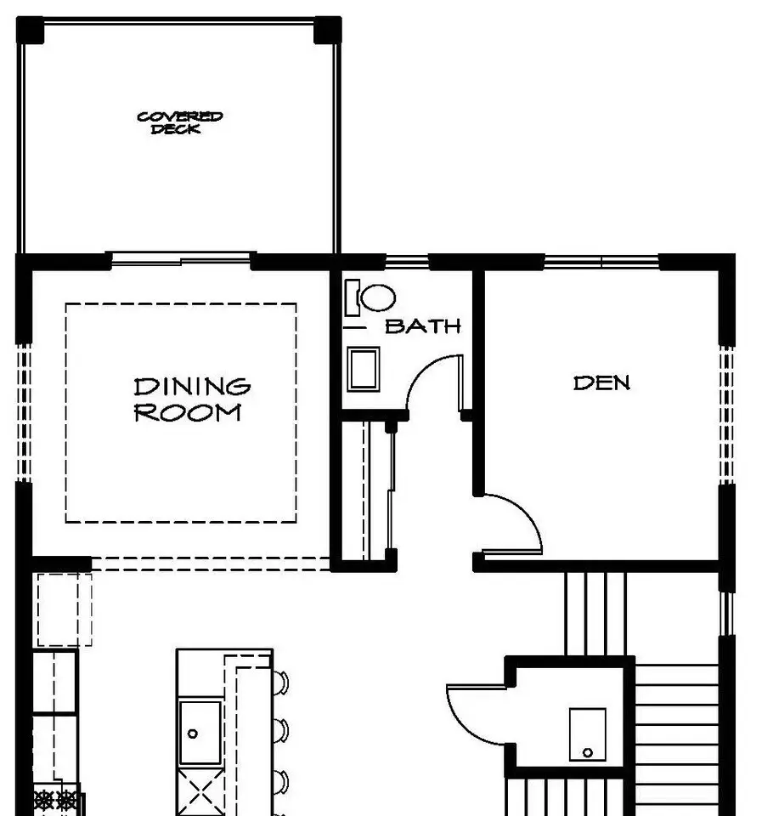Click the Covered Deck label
click(x=180, y=122)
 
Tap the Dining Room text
click(x=192, y=399)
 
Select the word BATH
click(x=423, y=326)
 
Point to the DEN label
click(x=601, y=383)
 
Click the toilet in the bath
click(x=370, y=298)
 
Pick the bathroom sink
click(x=363, y=369)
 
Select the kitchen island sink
click(x=200, y=733)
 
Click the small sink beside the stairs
click(x=587, y=734)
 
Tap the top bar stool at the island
click(x=281, y=683)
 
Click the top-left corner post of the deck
click(x=31, y=31)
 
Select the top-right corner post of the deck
click(x=328, y=31)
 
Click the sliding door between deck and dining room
click(x=181, y=258)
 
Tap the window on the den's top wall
click(x=602, y=261)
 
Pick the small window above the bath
click(x=407, y=261)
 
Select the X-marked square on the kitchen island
click(x=200, y=792)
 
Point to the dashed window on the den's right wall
click(x=726, y=415)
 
